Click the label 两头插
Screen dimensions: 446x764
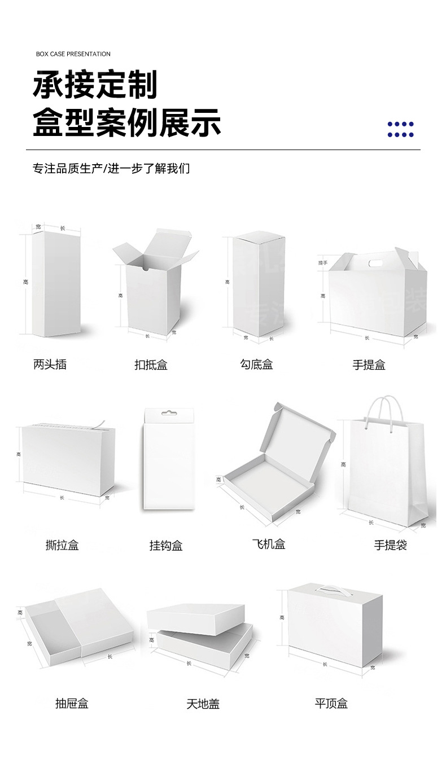50,365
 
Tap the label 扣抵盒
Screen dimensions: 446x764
151,365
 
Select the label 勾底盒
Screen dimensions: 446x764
256,365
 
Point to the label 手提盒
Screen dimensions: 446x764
369,365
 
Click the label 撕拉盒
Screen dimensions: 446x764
62,545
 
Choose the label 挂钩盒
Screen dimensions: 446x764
166,546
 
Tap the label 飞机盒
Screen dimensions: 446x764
269,545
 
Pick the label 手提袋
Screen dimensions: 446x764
390,545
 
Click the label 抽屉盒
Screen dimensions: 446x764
72,704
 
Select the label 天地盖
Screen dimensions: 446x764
203,704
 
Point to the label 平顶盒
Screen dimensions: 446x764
331,704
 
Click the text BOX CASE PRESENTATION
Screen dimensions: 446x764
73,54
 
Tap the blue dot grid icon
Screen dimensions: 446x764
400,129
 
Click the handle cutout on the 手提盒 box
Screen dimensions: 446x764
374,263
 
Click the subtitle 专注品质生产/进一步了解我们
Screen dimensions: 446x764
111,169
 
